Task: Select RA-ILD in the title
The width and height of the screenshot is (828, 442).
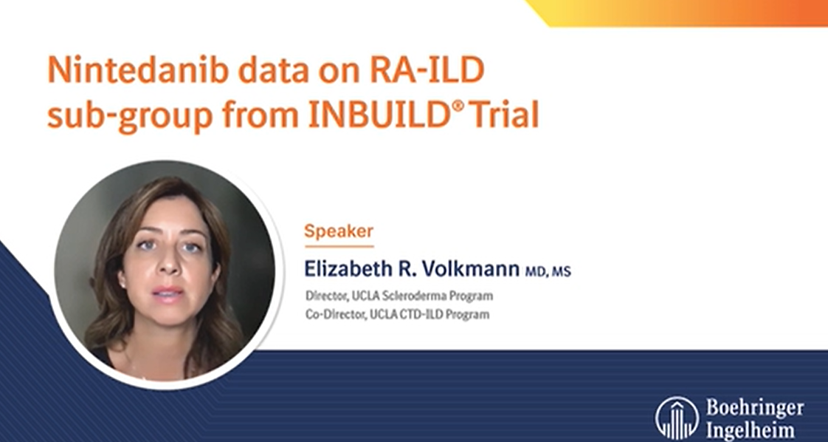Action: coord(427,69)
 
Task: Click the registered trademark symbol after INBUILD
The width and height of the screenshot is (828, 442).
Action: coord(458,105)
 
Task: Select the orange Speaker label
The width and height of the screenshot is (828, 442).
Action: coord(339,231)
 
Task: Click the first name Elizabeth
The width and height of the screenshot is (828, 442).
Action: coord(348,268)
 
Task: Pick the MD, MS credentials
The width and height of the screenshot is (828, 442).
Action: coord(548,272)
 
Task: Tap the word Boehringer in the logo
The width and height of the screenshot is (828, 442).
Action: coord(755,408)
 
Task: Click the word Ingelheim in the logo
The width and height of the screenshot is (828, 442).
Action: coord(749,429)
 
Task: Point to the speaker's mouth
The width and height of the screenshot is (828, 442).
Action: coord(168,293)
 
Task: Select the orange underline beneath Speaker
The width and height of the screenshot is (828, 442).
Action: coord(339,246)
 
